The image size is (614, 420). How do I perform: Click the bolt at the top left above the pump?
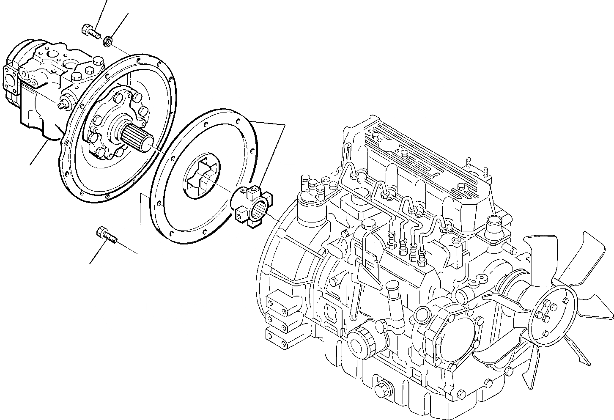pos(89,30)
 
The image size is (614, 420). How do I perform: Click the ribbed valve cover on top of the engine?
pos(419,161)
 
